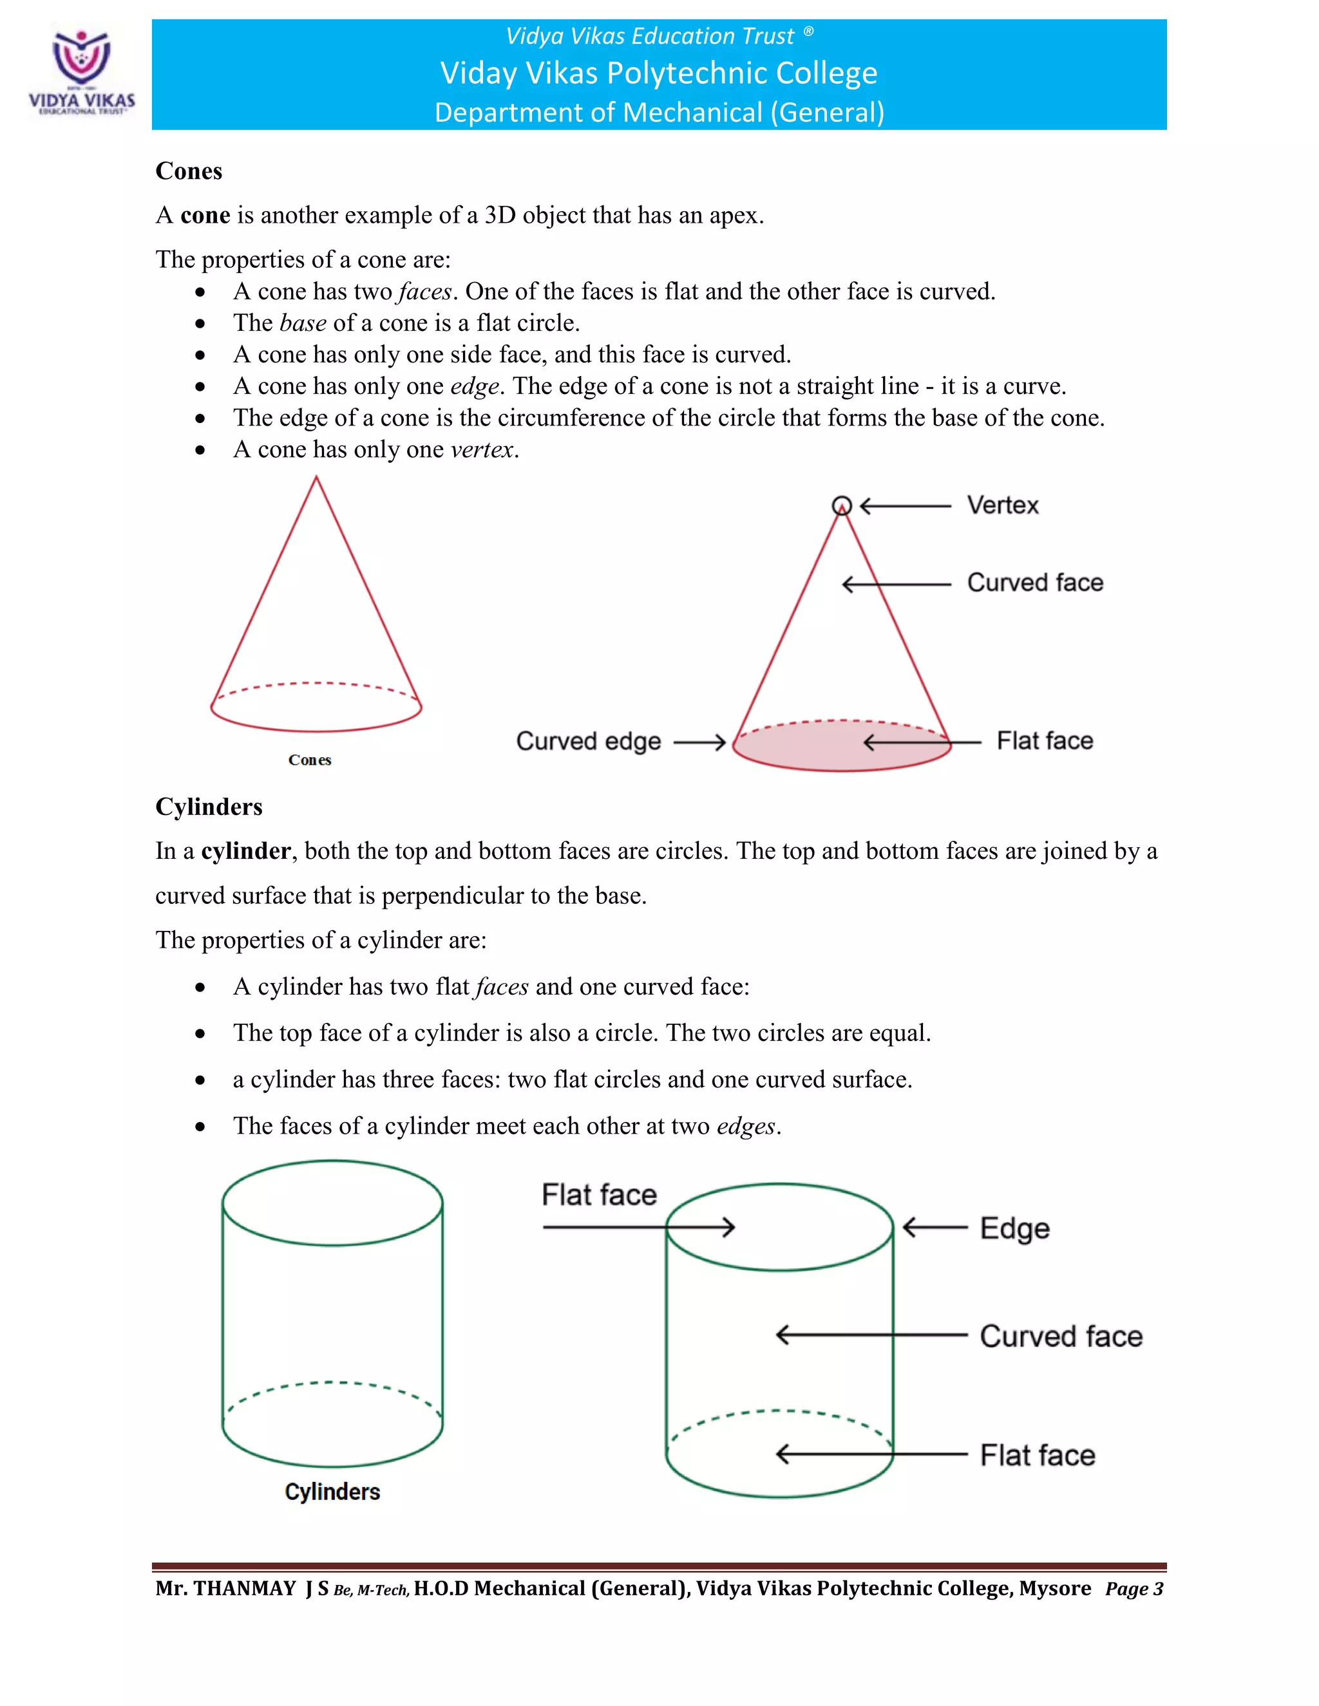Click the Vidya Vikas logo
coord(81,72)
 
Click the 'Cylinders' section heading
coord(209,806)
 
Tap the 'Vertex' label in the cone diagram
coord(1003,505)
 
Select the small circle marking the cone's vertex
coord(842,505)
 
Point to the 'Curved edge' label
coord(589,741)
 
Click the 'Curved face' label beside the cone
coord(1034,583)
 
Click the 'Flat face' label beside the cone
coord(1045,740)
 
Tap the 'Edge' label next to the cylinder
coord(1014,1229)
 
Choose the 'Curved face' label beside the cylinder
coord(1060,1336)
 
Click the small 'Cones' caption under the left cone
coord(309,760)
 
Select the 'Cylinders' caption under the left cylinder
coord(332,1492)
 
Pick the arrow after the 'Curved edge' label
coord(699,742)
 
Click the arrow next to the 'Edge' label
coord(935,1227)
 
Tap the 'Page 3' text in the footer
coord(1134,1589)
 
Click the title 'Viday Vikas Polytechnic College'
coord(659,73)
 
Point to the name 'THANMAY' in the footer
coord(244,1589)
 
